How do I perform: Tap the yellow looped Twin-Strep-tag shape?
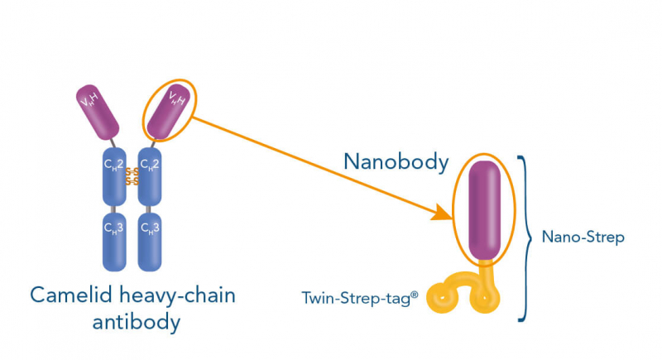click(463, 291)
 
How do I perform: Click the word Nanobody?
click(396, 162)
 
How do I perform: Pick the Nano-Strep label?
click(583, 238)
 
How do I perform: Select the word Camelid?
click(69, 295)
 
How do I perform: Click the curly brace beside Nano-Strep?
click(525, 237)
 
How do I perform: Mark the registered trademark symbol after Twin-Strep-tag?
click(417, 290)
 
